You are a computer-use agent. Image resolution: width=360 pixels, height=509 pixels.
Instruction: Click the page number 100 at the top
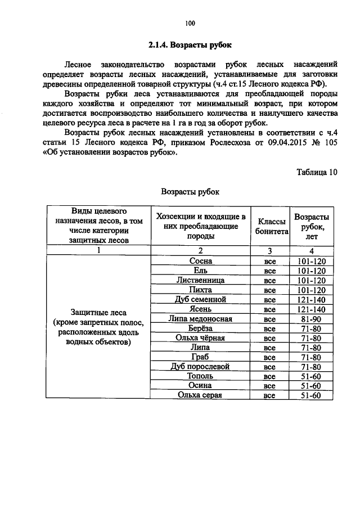coord(190,23)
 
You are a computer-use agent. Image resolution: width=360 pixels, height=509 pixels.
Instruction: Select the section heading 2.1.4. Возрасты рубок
coord(190,44)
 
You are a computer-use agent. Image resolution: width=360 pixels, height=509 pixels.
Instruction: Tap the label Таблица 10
coord(317,172)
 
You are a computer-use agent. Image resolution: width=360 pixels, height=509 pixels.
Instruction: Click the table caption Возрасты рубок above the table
coord(190,191)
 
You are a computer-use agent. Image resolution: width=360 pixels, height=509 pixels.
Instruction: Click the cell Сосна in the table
coord(201,261)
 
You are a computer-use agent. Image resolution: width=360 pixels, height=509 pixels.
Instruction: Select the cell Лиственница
coord(201,280)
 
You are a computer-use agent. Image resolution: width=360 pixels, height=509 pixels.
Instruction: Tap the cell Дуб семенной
coord(201,299)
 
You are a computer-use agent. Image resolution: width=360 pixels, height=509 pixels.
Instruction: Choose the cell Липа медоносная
coord(201,318)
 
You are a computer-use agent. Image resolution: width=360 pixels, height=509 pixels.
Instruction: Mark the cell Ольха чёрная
coord(201,338)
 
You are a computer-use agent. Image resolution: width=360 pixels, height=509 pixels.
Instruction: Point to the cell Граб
coord(201,357)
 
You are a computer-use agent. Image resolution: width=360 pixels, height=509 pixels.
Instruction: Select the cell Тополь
coord(201,376)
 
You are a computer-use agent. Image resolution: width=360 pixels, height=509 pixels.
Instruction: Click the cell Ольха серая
coord(201,395)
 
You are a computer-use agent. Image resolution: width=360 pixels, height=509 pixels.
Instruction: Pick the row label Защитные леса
coord(99,313)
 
